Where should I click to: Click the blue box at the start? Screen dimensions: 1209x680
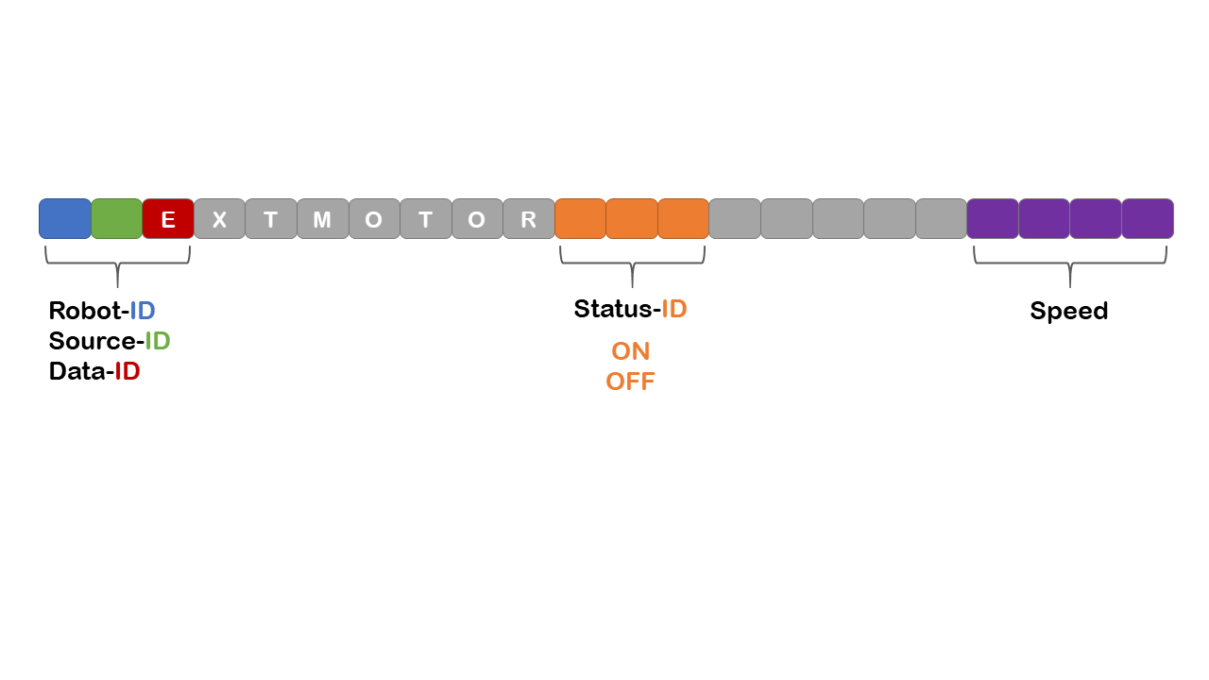65,218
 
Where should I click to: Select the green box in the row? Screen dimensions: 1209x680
116,218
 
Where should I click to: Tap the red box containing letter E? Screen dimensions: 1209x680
168,218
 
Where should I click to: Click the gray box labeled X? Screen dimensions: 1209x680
219,218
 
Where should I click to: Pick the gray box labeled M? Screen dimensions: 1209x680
322,218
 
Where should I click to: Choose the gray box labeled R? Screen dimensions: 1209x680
528,218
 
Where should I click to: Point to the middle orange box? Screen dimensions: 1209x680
631,218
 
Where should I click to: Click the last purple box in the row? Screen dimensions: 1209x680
1147,218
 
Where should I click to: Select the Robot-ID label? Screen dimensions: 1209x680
102,311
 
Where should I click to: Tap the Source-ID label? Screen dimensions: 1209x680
110,341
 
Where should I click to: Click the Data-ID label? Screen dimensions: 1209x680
94,371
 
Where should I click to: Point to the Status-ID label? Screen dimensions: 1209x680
630,309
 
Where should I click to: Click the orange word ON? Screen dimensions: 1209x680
630,351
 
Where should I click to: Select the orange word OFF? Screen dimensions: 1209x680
630,382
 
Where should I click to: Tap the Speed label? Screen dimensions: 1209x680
1068,311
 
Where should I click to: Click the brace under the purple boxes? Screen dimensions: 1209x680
1070,264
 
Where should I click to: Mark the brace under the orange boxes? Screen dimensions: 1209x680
632,264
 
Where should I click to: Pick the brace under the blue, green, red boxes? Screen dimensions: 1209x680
117,264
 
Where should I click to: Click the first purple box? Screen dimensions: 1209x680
993,218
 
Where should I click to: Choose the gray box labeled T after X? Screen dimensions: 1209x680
271,218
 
